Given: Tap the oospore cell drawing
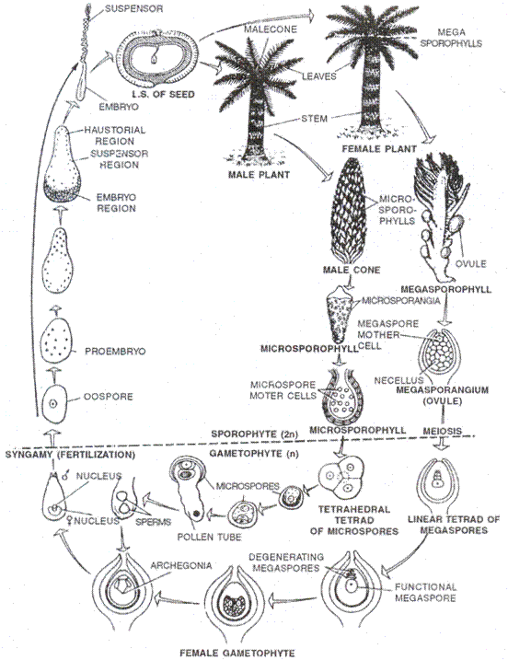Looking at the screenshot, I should coord(56,403).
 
